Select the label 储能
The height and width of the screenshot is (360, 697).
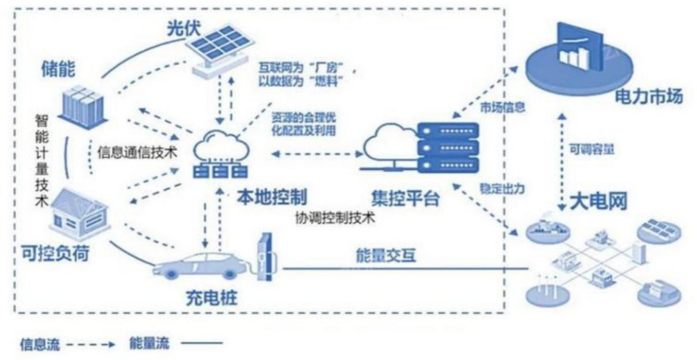[59, 68]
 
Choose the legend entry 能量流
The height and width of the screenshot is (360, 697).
[152, 342]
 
